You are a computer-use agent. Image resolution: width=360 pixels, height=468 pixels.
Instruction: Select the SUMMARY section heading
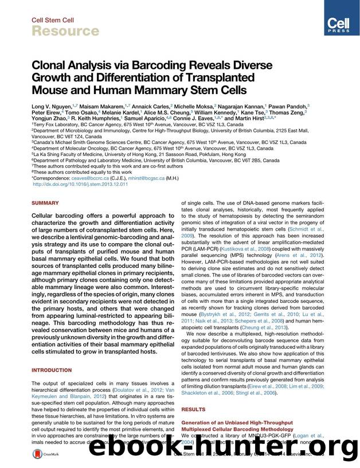pos(45,203)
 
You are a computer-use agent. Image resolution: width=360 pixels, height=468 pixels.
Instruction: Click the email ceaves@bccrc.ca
pos(92,178)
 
